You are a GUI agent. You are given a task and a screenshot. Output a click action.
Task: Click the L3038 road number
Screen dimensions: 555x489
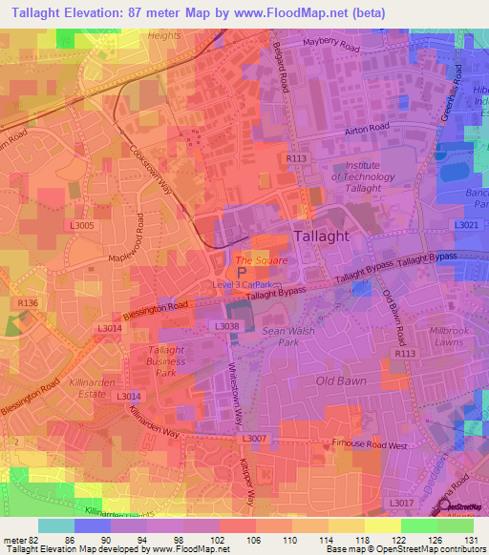pos(227,327)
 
